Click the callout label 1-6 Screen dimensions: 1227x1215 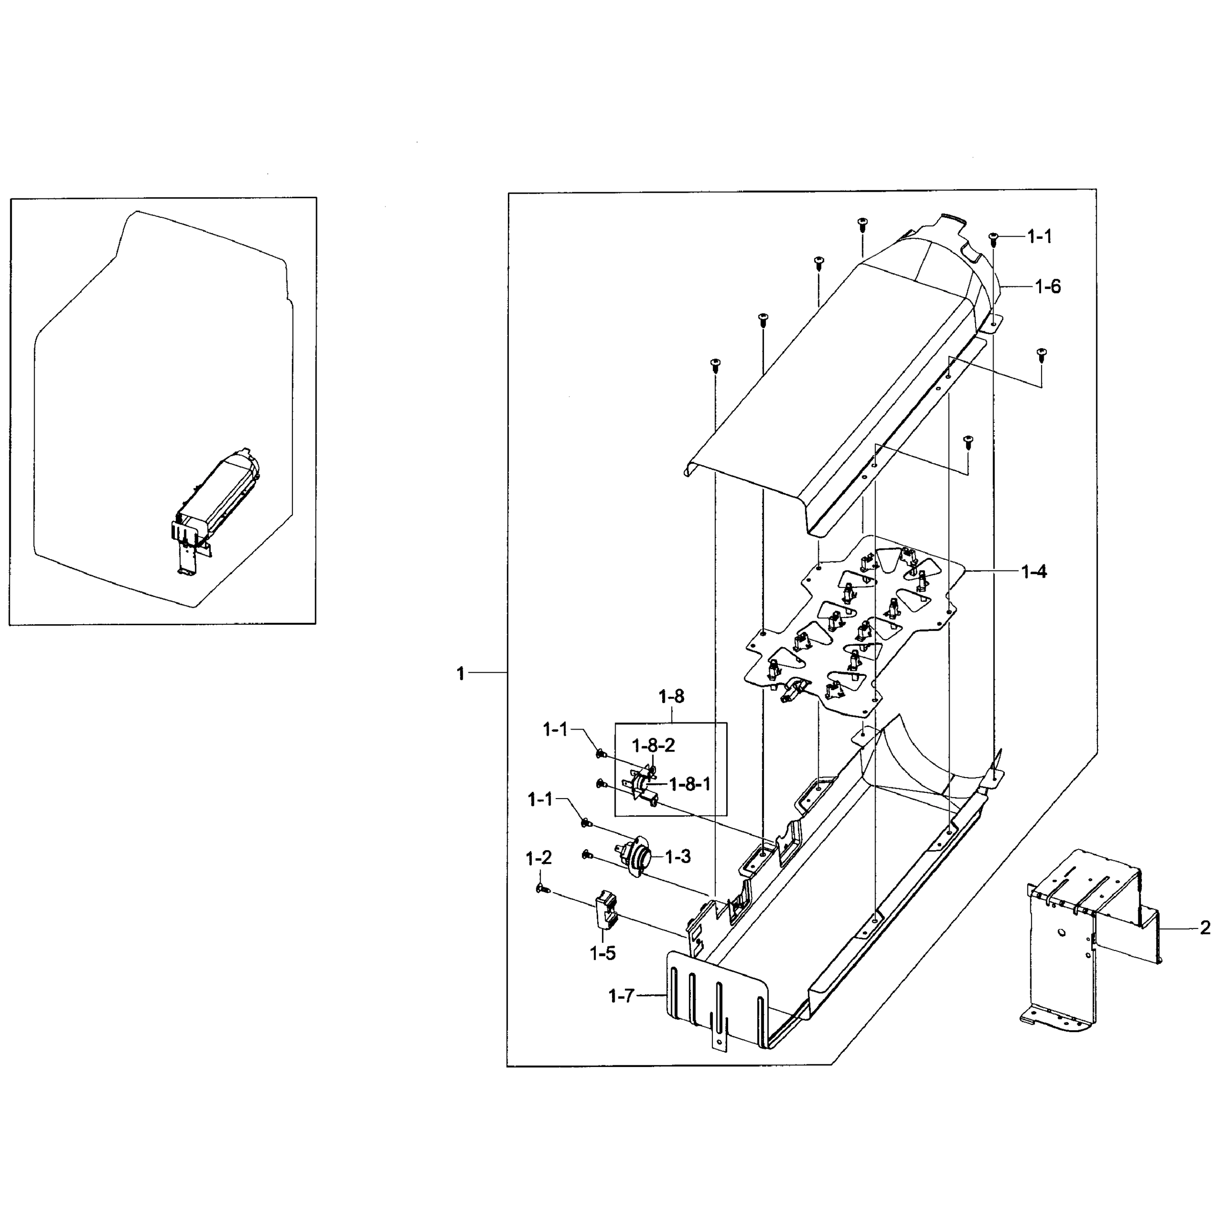click(1047, 286)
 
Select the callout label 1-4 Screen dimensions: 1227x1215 click(1033, 572)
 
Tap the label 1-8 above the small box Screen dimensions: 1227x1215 click(671, 697)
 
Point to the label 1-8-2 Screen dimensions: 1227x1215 click(653, 745)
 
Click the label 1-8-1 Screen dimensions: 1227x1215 click(689, 784)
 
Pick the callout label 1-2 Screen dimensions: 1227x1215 click(538, 859)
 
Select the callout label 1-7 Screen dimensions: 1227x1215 click(621, 996)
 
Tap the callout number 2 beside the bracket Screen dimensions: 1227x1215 click(1205, 928)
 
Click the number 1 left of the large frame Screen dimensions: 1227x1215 click(460, 674)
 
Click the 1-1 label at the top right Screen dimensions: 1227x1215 click(1040, 237)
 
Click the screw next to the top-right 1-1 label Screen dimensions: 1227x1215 click(994, 239)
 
